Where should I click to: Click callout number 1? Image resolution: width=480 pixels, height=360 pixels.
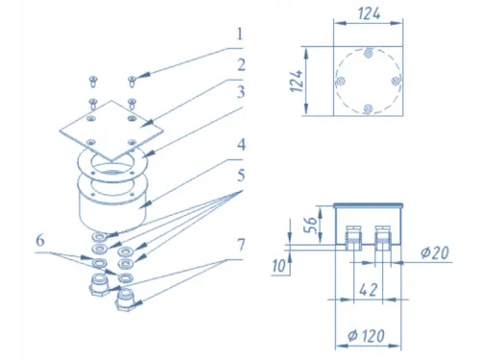240,34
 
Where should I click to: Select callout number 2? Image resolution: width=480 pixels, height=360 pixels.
241,65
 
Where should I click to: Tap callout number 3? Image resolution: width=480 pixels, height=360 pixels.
241,92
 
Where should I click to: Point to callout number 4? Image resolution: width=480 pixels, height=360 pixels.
241,145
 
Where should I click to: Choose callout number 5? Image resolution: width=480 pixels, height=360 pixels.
241,176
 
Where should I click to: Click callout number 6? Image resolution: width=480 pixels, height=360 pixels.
40,240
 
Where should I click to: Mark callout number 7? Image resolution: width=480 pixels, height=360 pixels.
241,245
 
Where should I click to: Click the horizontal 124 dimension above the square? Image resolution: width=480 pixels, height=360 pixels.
369,13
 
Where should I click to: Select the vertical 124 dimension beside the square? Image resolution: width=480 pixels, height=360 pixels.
297,81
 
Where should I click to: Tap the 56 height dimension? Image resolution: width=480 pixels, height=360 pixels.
310,225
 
